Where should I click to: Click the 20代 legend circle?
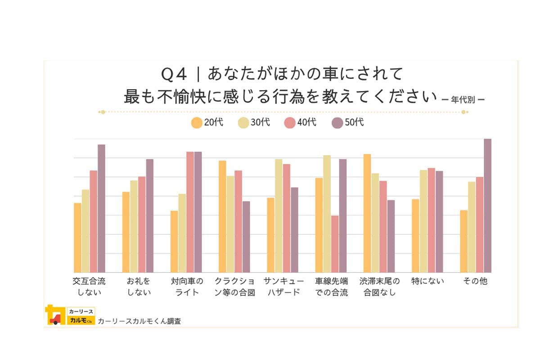point(197,123)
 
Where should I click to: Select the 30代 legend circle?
point(243,123)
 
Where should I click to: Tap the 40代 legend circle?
point(290,123)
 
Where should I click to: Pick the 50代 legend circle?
point(337,123)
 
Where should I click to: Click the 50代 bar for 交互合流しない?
point(101,208)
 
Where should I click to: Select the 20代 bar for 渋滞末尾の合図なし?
point(367,213)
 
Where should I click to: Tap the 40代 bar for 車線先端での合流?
point(335,244)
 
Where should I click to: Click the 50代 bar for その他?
point(487,206)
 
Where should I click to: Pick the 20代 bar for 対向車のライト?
point(174,242)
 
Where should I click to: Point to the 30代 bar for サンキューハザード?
point(279,216)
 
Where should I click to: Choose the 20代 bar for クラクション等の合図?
point(222,216)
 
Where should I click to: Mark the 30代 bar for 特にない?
point(423,221)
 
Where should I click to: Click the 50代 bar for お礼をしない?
point(149,216)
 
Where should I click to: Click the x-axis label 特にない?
point(427,282)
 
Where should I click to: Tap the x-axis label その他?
point(476,282)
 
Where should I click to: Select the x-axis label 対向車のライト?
point(187,287)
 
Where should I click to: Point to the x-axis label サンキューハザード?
point(283,287)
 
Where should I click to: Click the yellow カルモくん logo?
point(70,315)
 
